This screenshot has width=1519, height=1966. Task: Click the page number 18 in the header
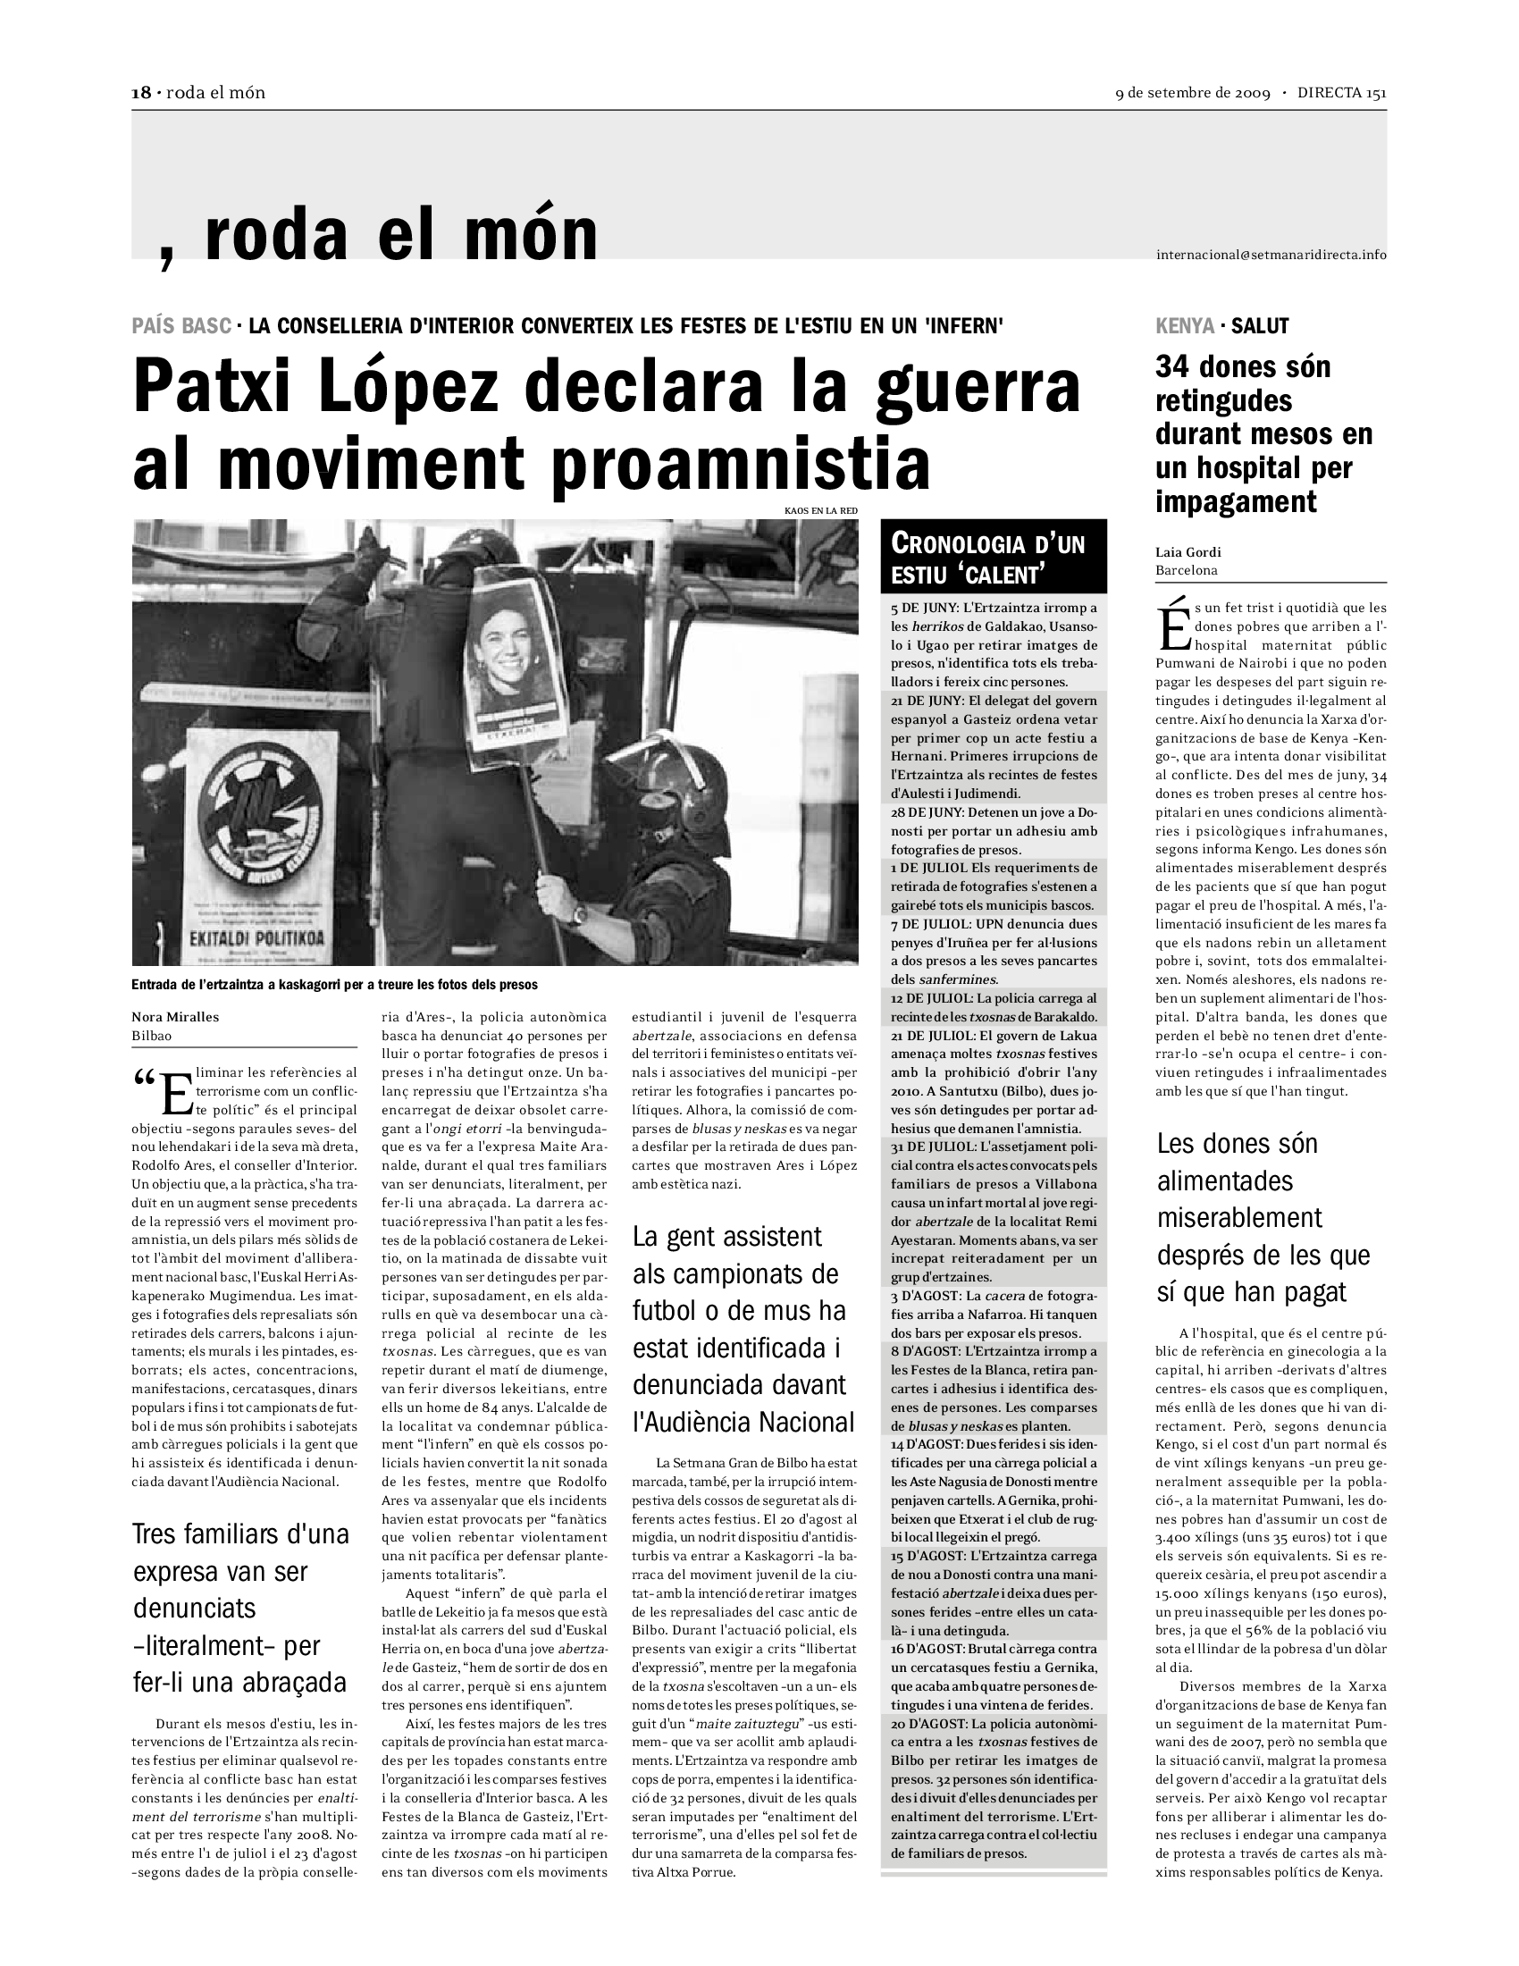point(140,93)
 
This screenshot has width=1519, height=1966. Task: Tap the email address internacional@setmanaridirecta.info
point(1271,255)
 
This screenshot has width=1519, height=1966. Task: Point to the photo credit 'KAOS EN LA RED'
point(820,510)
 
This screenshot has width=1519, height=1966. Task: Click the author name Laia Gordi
point(1188,552)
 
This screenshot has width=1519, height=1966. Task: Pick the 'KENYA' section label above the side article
point(1184,326)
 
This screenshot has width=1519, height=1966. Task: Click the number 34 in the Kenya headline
point(1174,367)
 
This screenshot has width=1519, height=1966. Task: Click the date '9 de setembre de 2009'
point(1192,94)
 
